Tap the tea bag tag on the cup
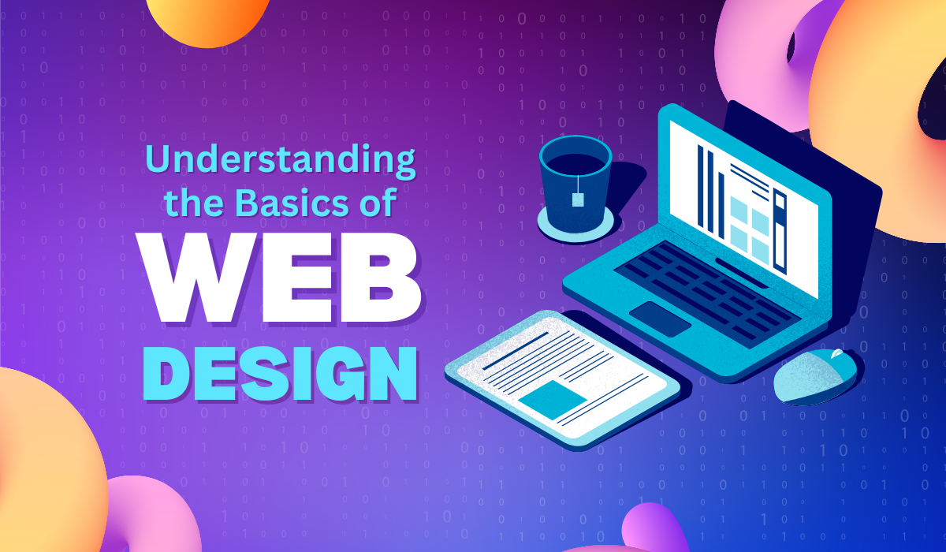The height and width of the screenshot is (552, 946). pos(579,200)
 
